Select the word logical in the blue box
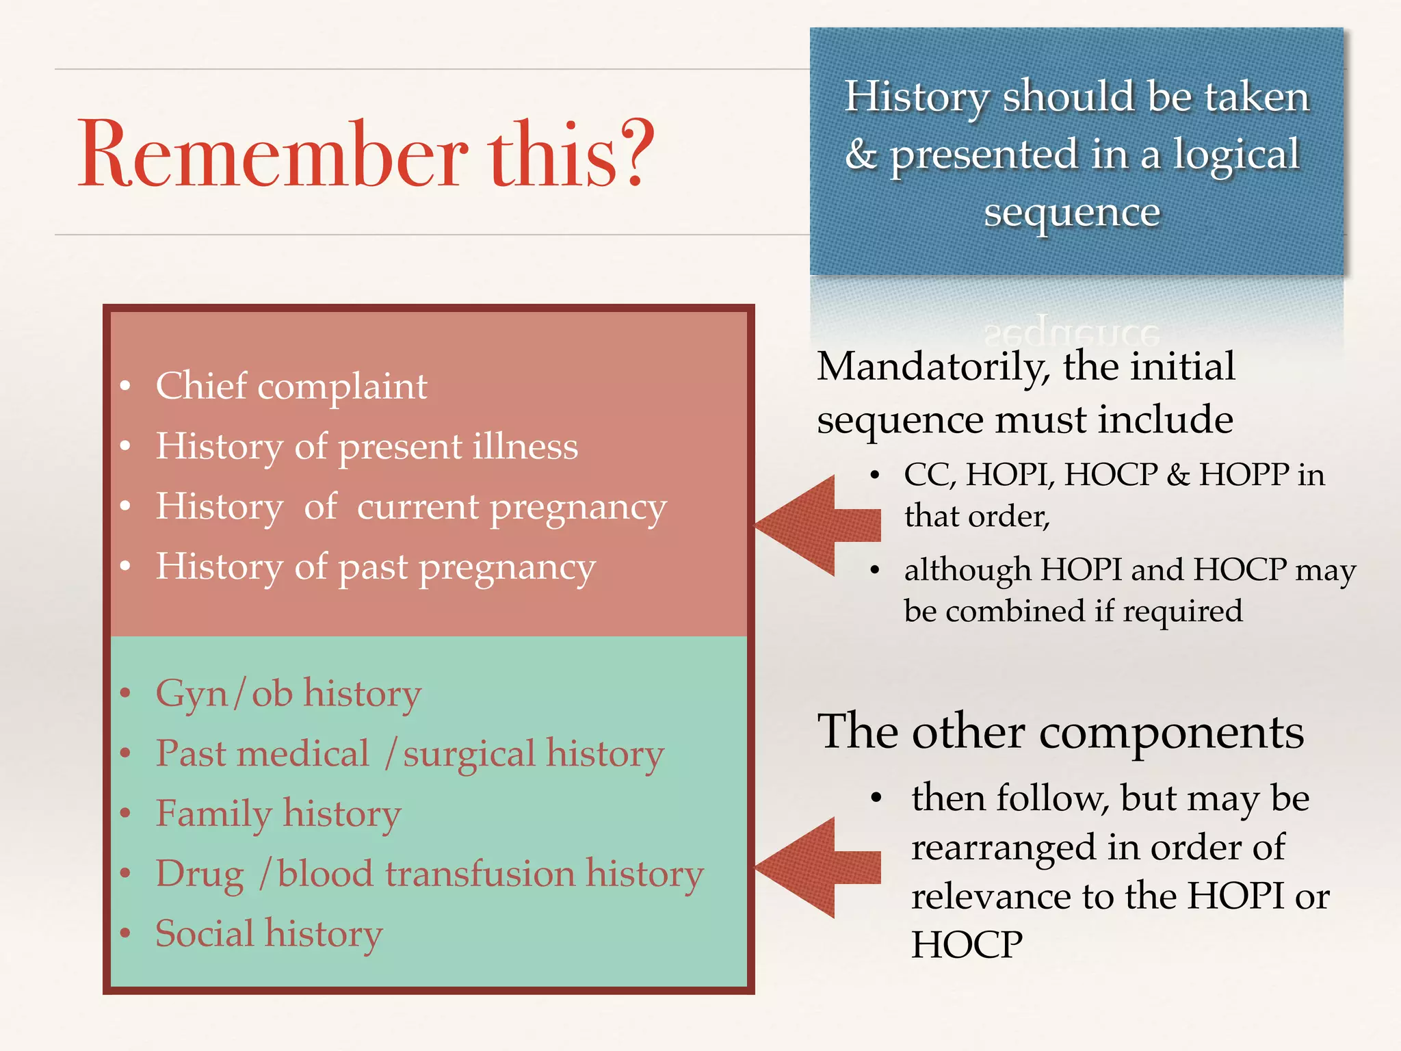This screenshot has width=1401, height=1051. pyautogui.click(x=1236, y=155)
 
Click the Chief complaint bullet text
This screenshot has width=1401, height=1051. pyautogui.click(x=291, y=386)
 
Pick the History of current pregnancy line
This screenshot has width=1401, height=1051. pyautogui.click(x=410, y=507)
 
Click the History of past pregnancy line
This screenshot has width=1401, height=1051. pyautogui.click(x=376, y=567)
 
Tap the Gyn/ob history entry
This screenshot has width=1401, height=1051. pyautogui.click(x=288, y=694)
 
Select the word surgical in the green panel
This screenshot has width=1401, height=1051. pyautogui.click(x=469, y=754)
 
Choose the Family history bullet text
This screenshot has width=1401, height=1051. pyautogui.click(x=278, y=814)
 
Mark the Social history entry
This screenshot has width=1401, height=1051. pyautogui.click(x=269, y=934)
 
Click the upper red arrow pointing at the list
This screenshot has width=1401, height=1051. pyautogui.click(x=817, y=525)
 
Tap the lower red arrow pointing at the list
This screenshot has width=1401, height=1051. pyautogui.click(x=817, y=867)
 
